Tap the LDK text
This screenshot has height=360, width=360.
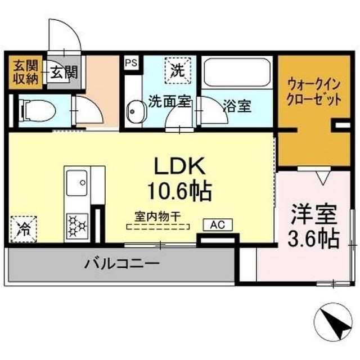(x=181, y=166)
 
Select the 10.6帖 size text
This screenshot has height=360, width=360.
(x=180, y=191)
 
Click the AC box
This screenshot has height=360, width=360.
(x=218, y=225)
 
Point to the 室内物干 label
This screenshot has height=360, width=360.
(x=157, y=216)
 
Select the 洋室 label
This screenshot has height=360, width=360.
(x=314, y=215)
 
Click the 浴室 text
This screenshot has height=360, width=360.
(x=236, y=105)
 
